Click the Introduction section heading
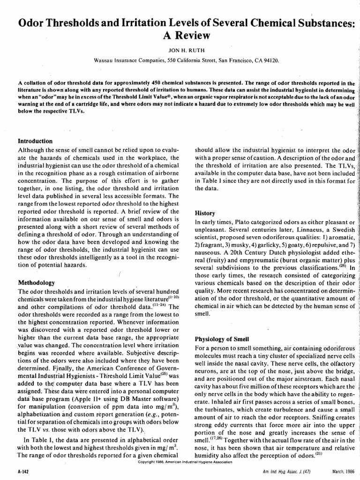35,141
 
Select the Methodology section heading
36,283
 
